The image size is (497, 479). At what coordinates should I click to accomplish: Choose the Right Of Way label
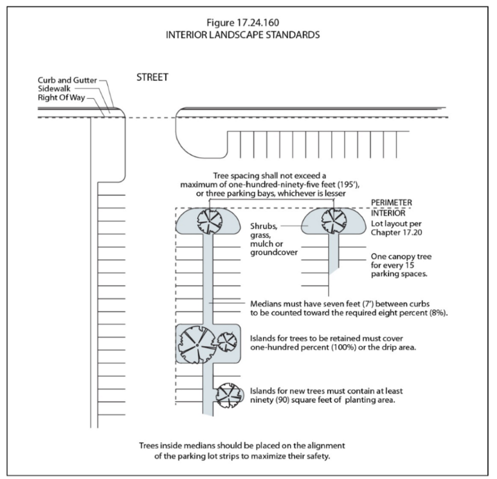click(x=60, y=97)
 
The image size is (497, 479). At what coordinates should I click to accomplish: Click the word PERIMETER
click(x=391, y=202)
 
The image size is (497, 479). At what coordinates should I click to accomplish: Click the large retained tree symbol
click(x=197, y=345)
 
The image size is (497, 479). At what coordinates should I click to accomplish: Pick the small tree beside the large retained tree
click(x=227, y=341)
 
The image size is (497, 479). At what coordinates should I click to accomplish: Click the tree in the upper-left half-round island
click(x=209, y=220)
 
